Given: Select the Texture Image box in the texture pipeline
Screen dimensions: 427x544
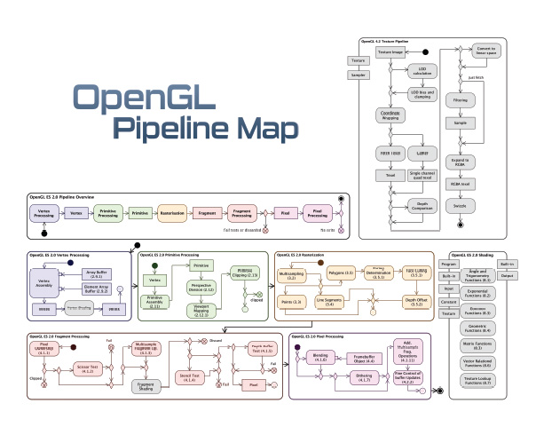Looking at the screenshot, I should click(x=391, y=53).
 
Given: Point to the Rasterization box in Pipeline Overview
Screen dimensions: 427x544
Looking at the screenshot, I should click(x=170, y=213).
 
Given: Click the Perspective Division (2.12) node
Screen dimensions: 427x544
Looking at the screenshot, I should click(x=201, y=289).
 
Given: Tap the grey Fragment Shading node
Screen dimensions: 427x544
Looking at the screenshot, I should click(x=147, y=386).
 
